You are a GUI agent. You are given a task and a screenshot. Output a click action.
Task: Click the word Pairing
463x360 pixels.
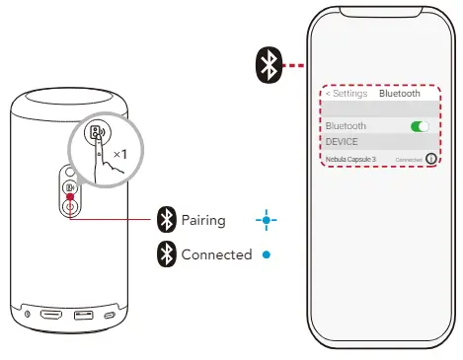[203, 220]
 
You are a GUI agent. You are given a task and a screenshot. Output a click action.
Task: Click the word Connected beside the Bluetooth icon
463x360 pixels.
[216, 254]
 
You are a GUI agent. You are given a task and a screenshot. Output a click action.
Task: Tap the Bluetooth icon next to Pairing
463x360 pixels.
[167, 220]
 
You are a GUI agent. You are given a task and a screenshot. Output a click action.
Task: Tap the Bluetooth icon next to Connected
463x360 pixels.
[167, 254]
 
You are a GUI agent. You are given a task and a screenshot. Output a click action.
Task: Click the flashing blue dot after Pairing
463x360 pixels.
[262, 220]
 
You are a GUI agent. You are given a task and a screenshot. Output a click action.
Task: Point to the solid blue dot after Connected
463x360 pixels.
[266, 254]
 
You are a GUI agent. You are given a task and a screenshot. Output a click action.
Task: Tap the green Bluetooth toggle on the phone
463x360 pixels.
[421, 126]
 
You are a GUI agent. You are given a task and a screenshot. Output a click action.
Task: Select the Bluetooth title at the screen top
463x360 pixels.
[400, 94]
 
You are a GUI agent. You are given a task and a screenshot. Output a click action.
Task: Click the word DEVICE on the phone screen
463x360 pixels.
[342, 141]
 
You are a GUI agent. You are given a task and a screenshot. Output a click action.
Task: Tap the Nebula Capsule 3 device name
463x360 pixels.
[350, 159]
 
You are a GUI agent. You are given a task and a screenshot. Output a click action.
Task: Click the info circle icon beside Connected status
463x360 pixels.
[430, 159]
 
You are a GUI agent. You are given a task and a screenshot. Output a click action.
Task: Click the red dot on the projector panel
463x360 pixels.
[71, 196]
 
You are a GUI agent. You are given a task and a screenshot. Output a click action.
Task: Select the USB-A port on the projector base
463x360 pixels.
[84, 316]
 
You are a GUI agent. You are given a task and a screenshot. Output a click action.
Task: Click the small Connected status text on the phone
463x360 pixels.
[408, 159]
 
